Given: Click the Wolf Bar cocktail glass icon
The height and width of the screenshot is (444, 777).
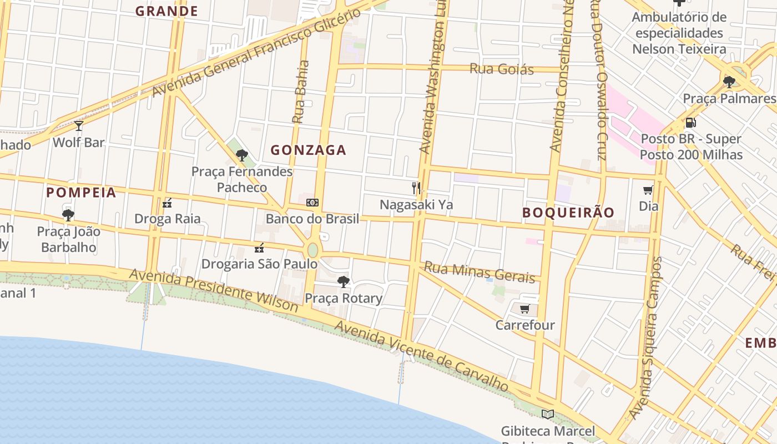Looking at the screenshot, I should (79, 126).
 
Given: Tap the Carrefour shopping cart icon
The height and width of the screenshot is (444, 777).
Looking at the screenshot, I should (524, 309).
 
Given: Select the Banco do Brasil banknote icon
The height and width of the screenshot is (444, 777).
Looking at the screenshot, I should (312, 203).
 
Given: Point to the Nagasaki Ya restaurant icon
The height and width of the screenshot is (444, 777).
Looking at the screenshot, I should (416, 188).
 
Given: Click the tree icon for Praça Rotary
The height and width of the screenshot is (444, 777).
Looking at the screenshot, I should (344, 282).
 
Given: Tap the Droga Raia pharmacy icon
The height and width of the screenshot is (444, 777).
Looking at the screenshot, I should (167, 203).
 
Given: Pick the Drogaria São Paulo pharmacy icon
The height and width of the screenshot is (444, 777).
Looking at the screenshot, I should (259, 248).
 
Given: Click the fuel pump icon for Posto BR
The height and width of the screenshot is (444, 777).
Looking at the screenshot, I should (691, 122).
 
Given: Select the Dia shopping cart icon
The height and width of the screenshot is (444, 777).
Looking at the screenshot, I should (648, 190).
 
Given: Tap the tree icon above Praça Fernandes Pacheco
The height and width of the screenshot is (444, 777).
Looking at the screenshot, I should (241, 155).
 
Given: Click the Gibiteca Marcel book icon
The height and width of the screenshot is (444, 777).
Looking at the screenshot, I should (548, 414).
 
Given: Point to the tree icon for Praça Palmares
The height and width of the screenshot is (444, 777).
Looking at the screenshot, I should (729, 82).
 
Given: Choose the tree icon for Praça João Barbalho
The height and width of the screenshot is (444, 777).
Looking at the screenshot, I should (68, 215).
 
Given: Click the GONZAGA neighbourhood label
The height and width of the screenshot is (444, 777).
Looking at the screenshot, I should (309, 150).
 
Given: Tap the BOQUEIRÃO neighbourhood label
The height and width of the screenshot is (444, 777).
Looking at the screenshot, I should (568, 213).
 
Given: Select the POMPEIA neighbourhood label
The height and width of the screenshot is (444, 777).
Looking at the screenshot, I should (81, 193).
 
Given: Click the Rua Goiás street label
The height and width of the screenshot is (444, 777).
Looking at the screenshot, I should (502, 69).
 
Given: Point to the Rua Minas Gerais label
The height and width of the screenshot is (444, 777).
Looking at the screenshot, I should (480, 271).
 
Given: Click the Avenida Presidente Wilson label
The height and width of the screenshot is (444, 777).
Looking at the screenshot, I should (214, 290).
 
